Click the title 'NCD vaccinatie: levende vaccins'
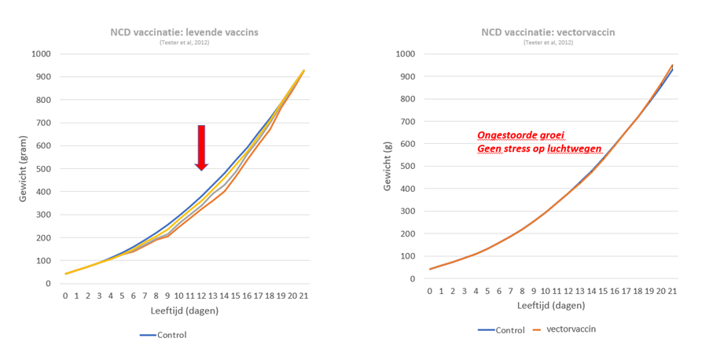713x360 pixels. click(x=185, y=32)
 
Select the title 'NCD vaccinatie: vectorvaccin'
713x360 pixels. click(x=548, y=32)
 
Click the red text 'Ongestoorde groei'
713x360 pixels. click(x=516, y=134)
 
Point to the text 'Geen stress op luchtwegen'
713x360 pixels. click(x=538, y=149)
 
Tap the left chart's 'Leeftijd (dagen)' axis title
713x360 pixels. click(x=185, y=310)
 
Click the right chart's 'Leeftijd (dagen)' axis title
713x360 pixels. click(x=549, y=306)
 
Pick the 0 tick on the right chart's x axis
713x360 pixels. click(x=429, y=291)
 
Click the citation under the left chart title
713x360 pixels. click(x=185, y=42)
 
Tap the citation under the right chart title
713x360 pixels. click(x=548, y=42)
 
